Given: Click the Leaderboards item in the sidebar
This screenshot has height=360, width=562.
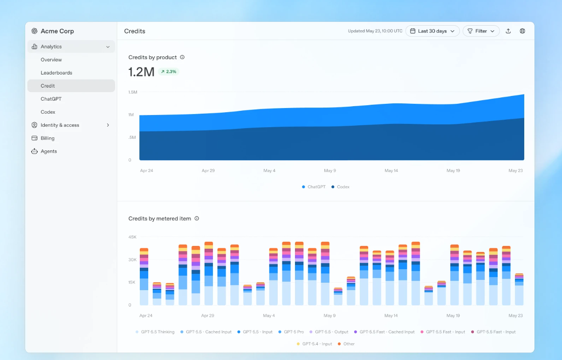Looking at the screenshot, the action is click(x=56, y=73).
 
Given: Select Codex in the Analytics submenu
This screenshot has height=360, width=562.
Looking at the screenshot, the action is click(x=48, y=112).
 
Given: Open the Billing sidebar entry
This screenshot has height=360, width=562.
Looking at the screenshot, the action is click(x=48, y=138).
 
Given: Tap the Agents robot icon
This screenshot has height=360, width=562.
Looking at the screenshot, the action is click(x=34, y=151).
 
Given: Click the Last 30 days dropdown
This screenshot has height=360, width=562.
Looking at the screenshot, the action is click(x=432, y=31).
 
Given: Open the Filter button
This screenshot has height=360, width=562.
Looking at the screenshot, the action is click(x=481, y=31).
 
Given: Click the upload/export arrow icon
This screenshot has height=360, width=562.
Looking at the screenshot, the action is click(x=508, y=31).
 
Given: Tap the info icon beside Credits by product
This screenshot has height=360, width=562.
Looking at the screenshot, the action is click(x=182, y=57).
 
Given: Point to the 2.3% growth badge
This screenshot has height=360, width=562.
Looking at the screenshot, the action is click(x=169, y=72).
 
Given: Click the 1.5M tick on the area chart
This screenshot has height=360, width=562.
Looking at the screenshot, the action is click(x=133, y=92).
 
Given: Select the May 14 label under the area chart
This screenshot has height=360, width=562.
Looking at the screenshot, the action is click(x=391, y=170).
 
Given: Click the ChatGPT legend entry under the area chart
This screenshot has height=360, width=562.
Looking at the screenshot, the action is click(x=314, y=187).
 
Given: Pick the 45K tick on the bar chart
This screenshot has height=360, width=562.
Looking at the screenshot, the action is click(x=132, y=237).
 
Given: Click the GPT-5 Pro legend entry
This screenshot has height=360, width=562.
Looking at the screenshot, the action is click(x=291, y=332).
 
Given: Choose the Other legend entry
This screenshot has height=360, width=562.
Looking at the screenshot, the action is click(x=346, y=344).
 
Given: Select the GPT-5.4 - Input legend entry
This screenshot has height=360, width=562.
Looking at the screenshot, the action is click(x=314, y=344).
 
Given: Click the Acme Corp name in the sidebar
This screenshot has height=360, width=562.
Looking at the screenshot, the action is click(x=57, y=31).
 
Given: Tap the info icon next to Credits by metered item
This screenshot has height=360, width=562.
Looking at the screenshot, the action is click(x=197, y=218).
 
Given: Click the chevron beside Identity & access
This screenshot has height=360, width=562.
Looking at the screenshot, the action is click(x=108, y=125).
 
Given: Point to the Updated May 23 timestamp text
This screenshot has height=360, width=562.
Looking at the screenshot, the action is click(x=375, y=31).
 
